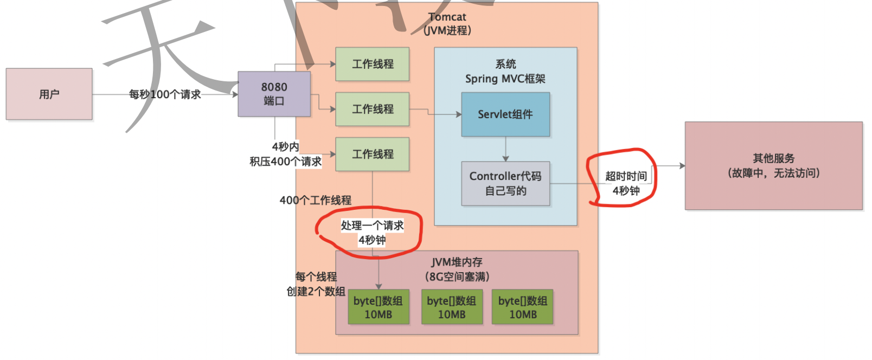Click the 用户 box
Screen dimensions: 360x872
coord(49,94)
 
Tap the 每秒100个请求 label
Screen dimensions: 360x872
coord(165,94)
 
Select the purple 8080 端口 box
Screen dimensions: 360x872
coord(274,94)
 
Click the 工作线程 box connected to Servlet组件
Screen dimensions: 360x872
coord(372,109)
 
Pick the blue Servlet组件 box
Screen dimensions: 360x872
coord(505,114)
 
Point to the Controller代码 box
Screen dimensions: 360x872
coord(505,183)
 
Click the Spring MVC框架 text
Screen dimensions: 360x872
coord(505,79)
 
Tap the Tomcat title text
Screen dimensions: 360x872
coord(447,17)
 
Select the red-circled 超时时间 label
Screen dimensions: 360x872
coord(626,176)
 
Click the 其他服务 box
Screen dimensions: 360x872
coord(773,165)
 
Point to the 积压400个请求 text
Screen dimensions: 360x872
coord(285,162)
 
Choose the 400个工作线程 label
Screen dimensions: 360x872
coord(315,200)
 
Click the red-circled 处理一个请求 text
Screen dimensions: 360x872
coord(372,226)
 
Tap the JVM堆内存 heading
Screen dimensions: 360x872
coord(457,262)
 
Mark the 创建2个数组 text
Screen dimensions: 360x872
coord(316,291)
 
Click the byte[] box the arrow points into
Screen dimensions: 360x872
coord(378,307)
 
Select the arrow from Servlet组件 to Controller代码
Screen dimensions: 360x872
coord(505,149)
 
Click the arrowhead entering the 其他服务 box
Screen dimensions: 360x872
coord(682,166)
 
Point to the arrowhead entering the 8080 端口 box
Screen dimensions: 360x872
coord(235,94)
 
